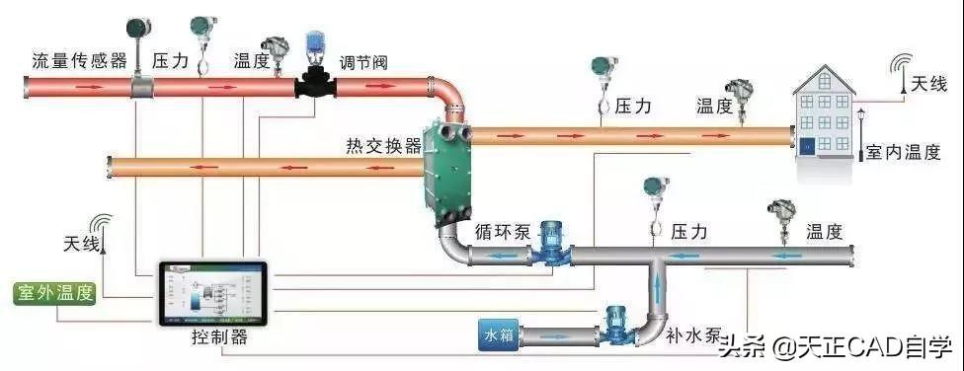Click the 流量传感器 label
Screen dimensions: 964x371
click(x=80, y=61)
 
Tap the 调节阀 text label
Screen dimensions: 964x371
click(x=363, y=62)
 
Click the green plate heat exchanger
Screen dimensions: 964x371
click(x=447, y=170)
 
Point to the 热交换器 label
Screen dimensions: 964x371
click(x=384, y=146)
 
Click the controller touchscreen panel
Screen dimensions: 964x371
click(x=213, y=294)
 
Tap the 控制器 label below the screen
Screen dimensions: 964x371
click(x=219, y=337)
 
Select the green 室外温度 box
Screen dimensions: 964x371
click(x=54, y=294)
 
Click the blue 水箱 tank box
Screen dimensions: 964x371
click(x=499, y=336)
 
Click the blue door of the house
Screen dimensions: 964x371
click(x=807, y=146)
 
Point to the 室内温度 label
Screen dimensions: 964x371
click(x=903, y=152)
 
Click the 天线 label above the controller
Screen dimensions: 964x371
click(x=81, y=245)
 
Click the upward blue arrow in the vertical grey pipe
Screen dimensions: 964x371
click(x=659, y=288)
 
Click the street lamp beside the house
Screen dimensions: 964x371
click(x=860, y=135)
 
